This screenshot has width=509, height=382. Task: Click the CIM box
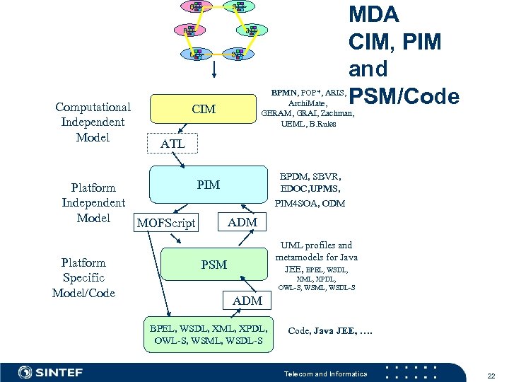[204, 110]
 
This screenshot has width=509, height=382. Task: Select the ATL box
[172, 144]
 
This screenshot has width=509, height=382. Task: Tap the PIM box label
[208, 185]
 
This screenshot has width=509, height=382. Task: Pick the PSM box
[213, 265]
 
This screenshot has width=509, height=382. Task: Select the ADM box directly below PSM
[247, 301]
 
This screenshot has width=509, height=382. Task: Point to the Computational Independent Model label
[93, 122]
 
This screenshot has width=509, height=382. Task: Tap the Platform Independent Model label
[93, 202]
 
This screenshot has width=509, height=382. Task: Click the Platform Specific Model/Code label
[83, 277]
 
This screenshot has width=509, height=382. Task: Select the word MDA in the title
[373, 14]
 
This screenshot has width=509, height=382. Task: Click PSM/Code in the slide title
[404, 95]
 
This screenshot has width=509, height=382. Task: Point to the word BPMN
[284, 92]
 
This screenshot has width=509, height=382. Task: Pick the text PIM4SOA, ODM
[310, 204]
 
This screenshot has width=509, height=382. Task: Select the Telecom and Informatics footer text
[325, 374]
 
